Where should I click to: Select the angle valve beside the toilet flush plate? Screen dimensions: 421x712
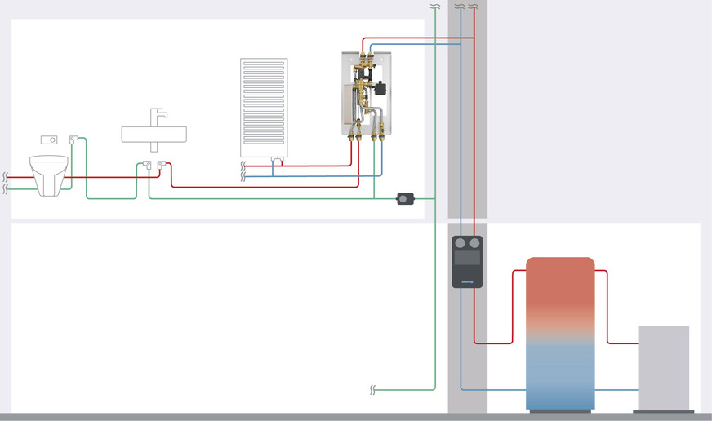73,140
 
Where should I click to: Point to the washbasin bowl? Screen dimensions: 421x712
154,134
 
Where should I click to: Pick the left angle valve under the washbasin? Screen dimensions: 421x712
145,166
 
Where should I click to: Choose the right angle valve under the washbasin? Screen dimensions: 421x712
162,166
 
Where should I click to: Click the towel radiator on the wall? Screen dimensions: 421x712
264,106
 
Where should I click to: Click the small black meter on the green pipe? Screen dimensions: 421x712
406,198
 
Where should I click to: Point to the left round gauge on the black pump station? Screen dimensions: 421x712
461,243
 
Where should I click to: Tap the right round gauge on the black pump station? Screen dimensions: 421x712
474,243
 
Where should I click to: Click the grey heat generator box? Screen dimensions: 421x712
663,367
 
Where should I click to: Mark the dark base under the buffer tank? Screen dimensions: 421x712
559,411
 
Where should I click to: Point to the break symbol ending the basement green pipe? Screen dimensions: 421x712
372,389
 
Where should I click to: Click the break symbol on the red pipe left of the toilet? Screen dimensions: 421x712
6,176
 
